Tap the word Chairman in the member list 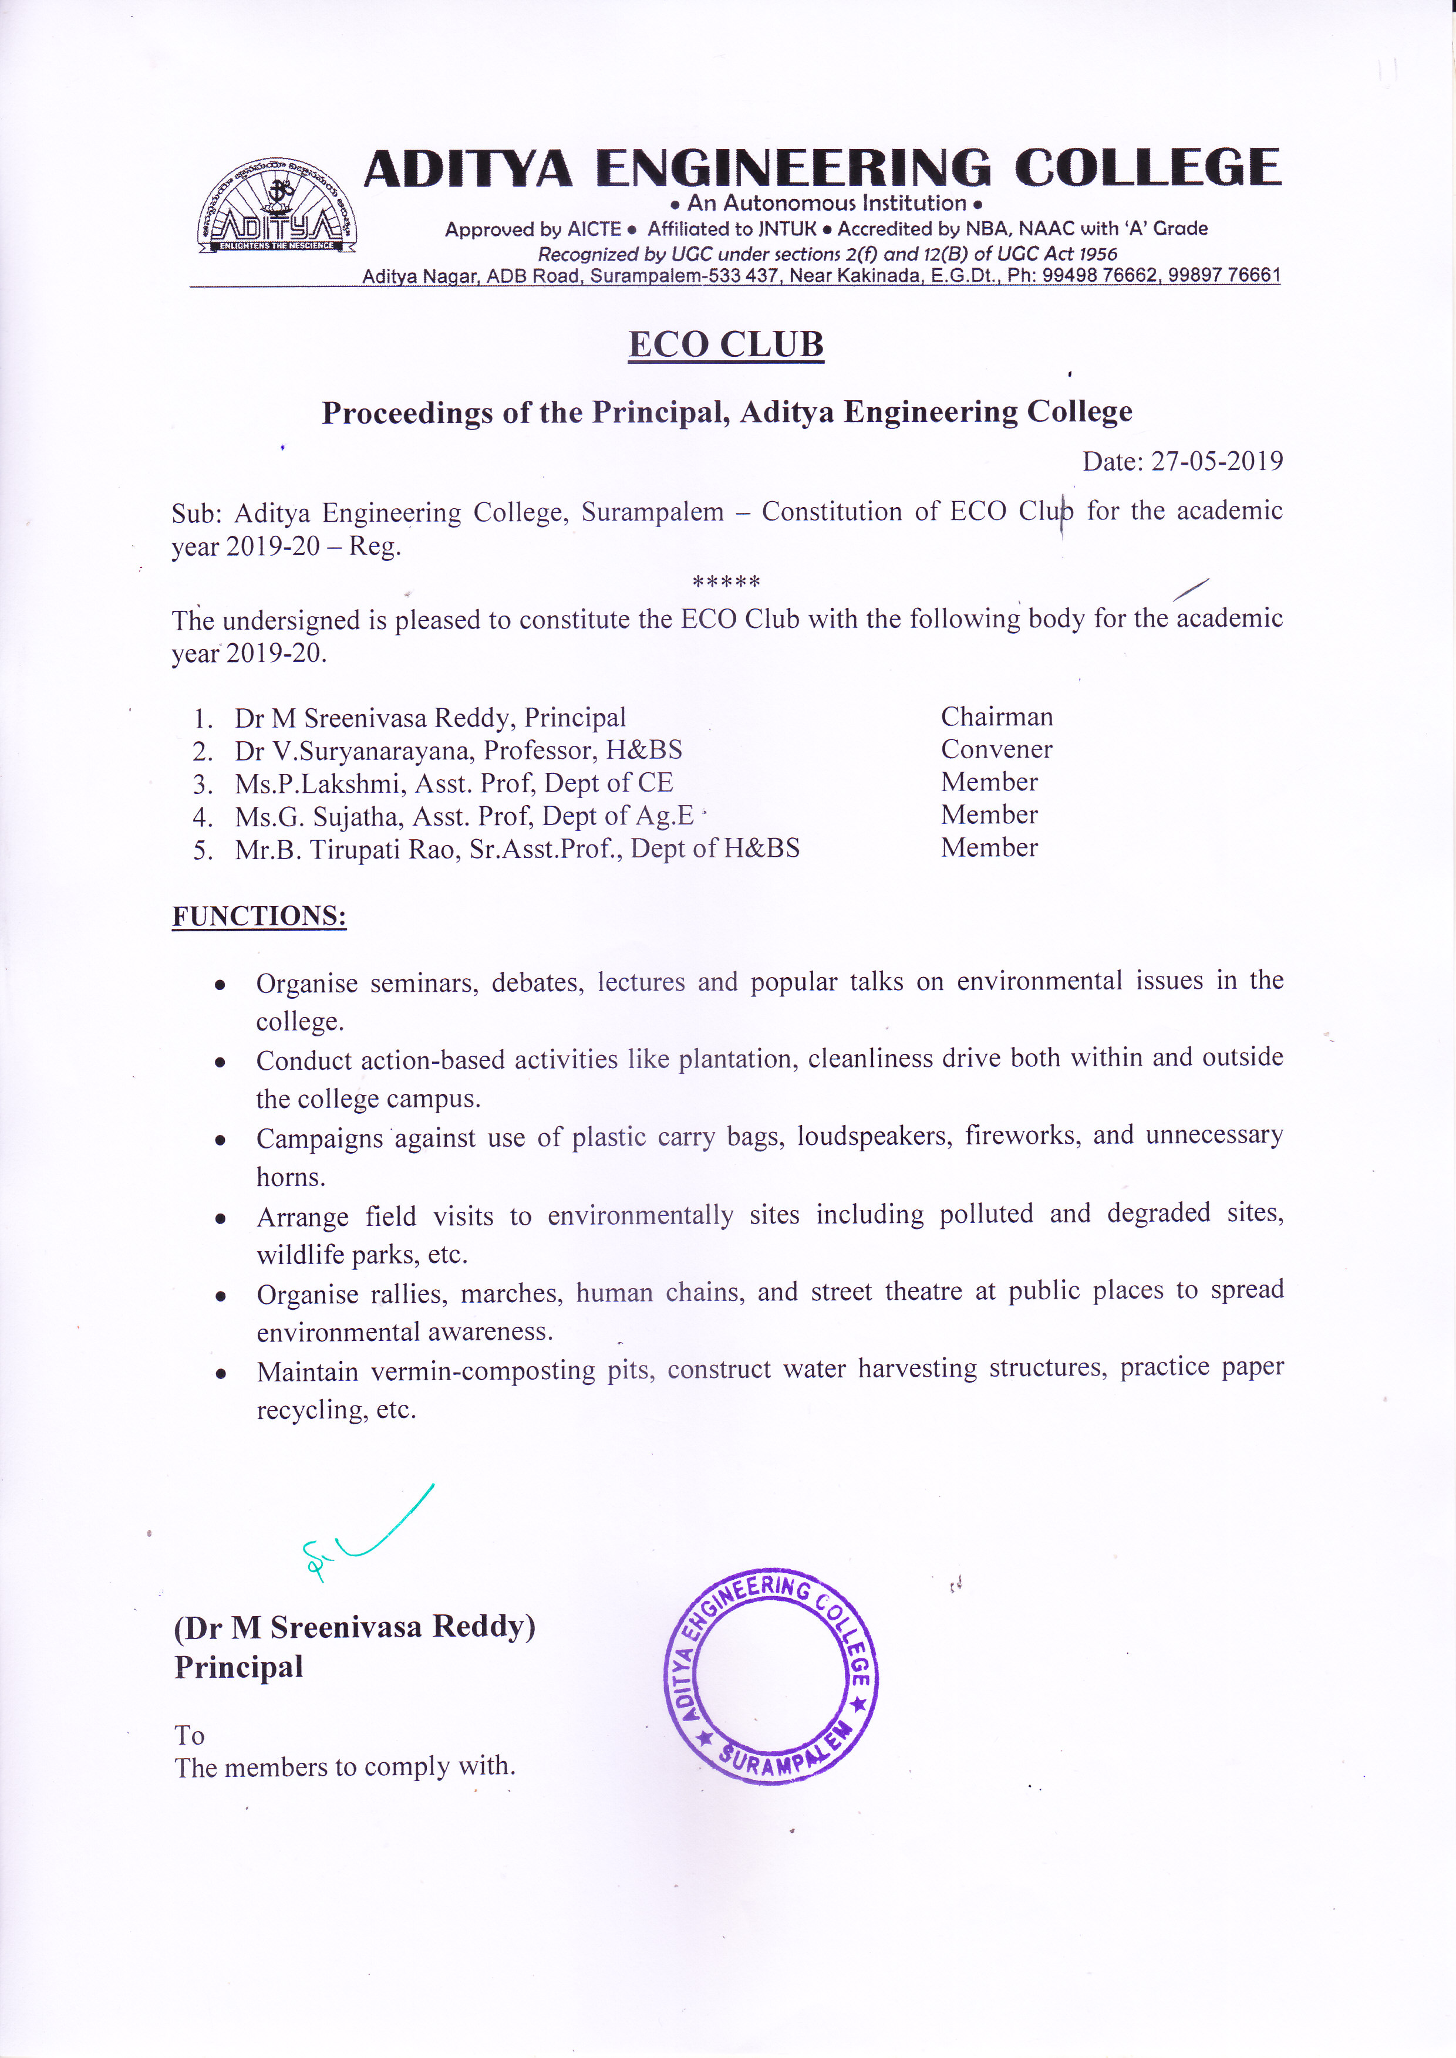click(996, 717)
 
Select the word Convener click(996, 749)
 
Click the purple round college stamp click(771, 1676)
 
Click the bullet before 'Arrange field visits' click(220, 1219)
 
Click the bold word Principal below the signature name click(238, 1667)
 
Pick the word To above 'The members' click(189, 1736)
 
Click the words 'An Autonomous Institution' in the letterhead click(827, 204)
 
